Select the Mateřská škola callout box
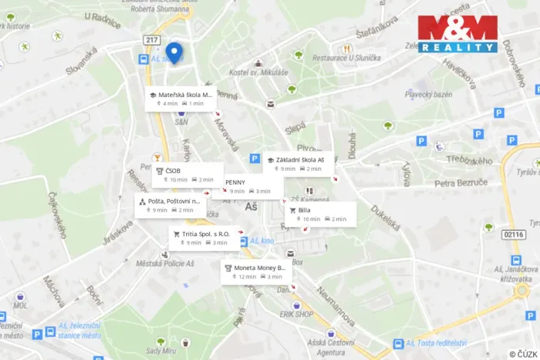click(x=182, y=98)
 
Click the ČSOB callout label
click(x=187, y=175)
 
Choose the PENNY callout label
click(x=251, y=186)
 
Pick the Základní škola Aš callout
click(x=298, y=164)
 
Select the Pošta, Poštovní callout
click(x=172, y=205)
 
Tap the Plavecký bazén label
click(x=428, y=94)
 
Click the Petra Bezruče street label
click(x=461, y=183)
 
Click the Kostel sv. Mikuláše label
click(x=258, y=73)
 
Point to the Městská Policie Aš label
click(x=165, y=263)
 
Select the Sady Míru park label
click(x=161, y=352)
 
